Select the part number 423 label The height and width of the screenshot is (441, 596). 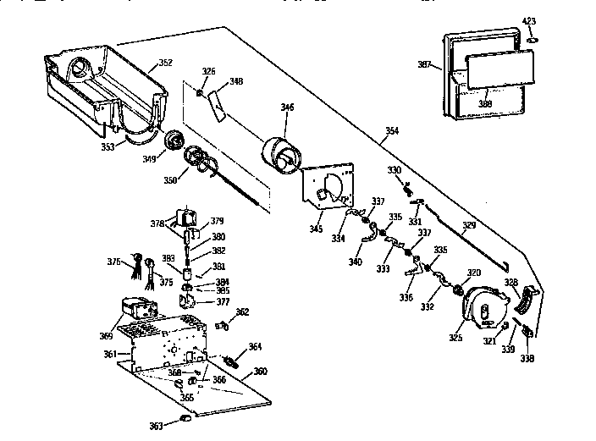(528, 19)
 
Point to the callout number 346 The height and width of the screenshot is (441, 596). (288, 107)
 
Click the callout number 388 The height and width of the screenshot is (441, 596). (485, 104)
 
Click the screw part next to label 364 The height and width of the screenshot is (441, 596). (229, 361)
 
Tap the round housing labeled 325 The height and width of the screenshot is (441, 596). (483, 307)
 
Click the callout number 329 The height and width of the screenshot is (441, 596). (469, 226)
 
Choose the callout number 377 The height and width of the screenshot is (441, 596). (223, 301)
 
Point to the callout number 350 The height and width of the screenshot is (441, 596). (171, 180)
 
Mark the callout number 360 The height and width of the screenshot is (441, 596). (260, 372)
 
